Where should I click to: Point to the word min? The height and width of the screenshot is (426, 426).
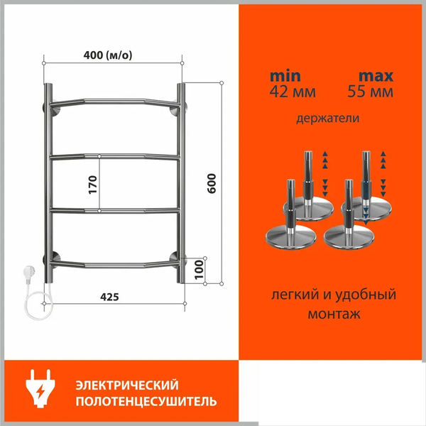(285, 76)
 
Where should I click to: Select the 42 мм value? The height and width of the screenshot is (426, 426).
(293, 92)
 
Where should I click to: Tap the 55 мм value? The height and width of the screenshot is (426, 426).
(371, 92)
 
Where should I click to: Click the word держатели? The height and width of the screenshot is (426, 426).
(327, 119)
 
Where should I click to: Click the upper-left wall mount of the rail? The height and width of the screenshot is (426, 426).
(54, 109)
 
